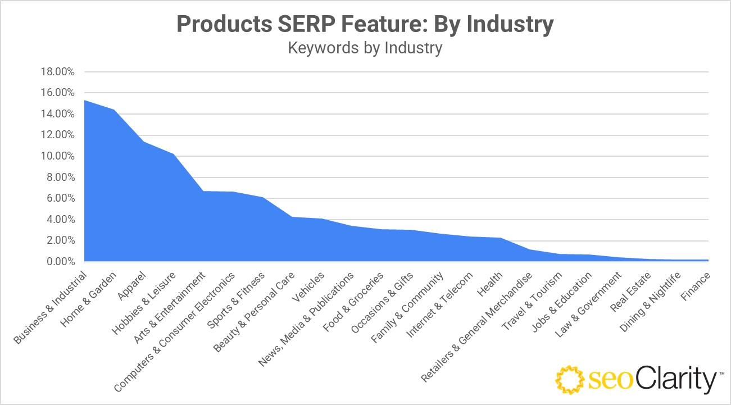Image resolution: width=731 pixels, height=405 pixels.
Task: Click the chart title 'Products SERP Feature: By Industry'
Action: point(365,25)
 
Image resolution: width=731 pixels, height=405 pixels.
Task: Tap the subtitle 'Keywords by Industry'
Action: point(365,48)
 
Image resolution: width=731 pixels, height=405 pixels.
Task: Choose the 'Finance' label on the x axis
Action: point(696,285)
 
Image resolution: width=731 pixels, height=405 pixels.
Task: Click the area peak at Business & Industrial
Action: point(85,101)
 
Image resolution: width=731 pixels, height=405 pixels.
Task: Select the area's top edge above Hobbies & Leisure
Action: point(174,154)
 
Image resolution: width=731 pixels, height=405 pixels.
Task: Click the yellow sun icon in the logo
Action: point(569,380)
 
